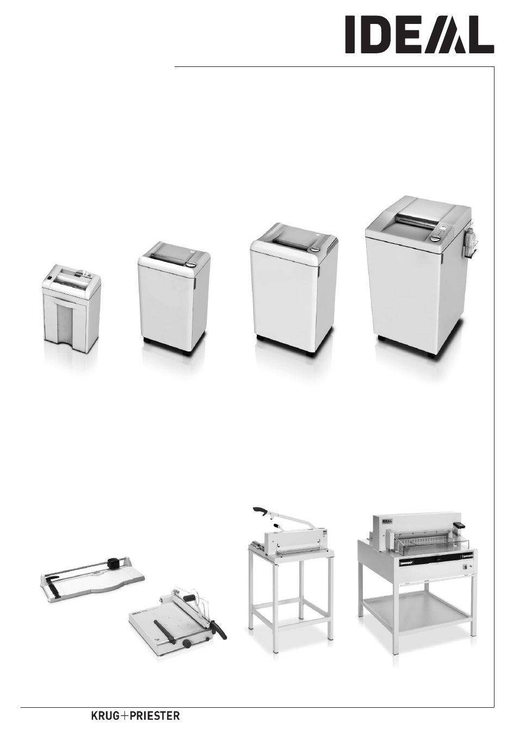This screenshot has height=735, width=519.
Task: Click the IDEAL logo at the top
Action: pyautogui.click(x=420, y=35)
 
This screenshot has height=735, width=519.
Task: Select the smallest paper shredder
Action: pyautogui.click(x=72, y=311)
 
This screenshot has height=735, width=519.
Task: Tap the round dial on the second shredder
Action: pyautogui.click(x=191, y=264)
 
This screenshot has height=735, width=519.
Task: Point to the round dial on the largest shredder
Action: pyautogui.click(x=436, y=239)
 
